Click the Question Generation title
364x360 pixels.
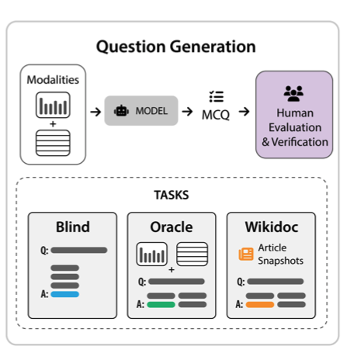tap(176, 47)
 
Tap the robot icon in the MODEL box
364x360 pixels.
tap(121, 111)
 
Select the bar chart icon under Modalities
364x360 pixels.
tap(53, 105)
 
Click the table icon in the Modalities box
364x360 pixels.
tap(53, 143)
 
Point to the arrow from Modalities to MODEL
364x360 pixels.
tap(95, 112)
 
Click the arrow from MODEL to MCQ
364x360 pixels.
tap(187, 112)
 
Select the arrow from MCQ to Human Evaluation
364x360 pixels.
tap(244, 112)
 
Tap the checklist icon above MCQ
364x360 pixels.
tap(217, 97)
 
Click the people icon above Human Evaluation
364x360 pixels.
tap(293, 93)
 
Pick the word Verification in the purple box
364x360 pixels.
tap(300, 142)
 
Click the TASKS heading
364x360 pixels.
tap(172, 195)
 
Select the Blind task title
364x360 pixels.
tap(73, 227)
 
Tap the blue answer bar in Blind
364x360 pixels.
tap(65, 294)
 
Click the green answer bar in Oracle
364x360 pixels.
tap(161, 305)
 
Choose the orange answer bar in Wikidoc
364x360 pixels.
tap(260, 305)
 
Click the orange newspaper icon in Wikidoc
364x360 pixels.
tap(246, 254)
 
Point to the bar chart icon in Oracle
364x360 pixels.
tap(152, 254)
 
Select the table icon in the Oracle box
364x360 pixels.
tap(192, 254)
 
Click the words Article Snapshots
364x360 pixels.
tap(281, 254)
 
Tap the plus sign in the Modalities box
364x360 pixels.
tap(53, 124)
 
